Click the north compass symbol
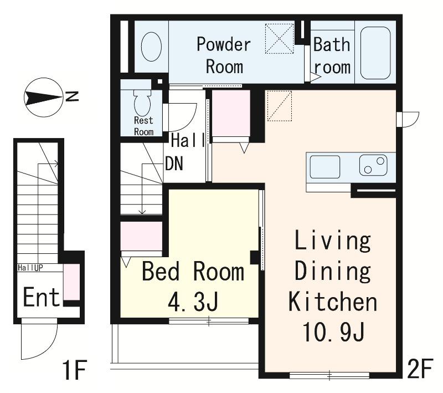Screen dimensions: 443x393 (x=43, y=98)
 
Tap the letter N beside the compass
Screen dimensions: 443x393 (x=72, y=96)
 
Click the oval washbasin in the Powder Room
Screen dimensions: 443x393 (x=151, y=47)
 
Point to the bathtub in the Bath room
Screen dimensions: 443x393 (x=375, y=53)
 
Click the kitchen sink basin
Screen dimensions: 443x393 (x=325, y=167)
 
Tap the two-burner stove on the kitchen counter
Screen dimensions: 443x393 (x=373, y=165)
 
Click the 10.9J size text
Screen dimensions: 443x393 (x=333, y=332)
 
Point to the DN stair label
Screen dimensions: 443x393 (x=174, y=164)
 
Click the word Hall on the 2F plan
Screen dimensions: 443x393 (x=188, y=140)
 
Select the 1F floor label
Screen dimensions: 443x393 (x=75, y=370)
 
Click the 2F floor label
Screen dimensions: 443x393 (x=420, y=368)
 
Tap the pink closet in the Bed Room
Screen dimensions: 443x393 (x=141, y=236)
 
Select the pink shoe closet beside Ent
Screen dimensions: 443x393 (x=71, y=282)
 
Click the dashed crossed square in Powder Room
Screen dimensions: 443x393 (x=280, y=39)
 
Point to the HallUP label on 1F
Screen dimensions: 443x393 (x=30, y=268)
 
